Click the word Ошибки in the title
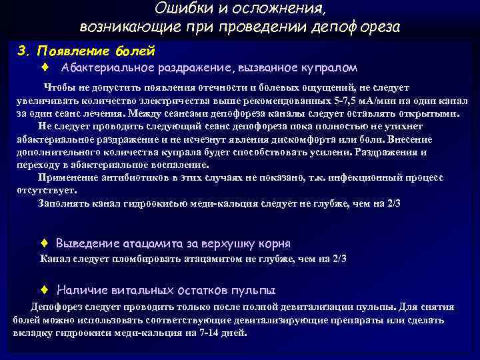point(177,9)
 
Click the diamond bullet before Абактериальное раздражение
point(44,67)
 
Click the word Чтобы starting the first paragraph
point(59,87)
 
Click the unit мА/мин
point(383,100)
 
